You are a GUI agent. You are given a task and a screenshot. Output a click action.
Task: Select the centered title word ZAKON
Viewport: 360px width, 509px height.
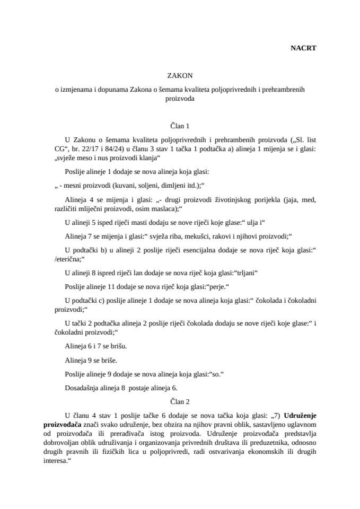[x=180, y=76]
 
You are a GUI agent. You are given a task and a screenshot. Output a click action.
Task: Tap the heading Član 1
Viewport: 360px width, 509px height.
[x=180, y=126]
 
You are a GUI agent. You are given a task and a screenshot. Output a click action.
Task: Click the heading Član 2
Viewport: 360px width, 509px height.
[x=180, y=401]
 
